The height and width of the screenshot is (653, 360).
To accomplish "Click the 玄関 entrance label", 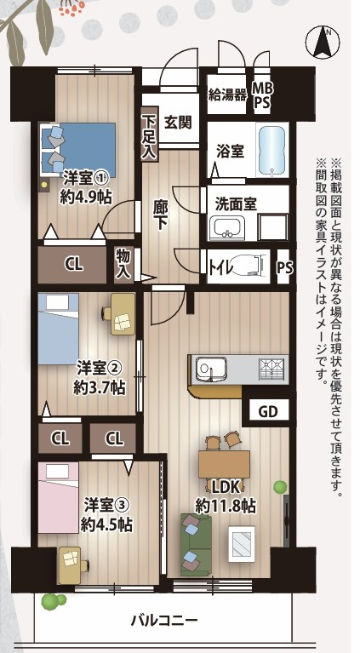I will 179,122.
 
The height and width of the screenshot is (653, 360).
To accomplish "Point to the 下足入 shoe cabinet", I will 150,136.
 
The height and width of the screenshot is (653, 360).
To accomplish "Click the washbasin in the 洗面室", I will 227,227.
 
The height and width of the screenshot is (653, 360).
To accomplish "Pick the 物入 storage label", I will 123,263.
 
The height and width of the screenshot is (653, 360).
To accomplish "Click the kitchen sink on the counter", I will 209,369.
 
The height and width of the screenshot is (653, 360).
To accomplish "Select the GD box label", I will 268,412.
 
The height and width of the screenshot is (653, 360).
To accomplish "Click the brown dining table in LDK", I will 224,465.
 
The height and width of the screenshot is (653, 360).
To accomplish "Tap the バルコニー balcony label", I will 164,619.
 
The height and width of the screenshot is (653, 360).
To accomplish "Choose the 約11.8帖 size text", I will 226,506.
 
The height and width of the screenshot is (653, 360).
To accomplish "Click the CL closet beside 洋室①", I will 75,264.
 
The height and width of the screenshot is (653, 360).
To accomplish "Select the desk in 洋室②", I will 122,313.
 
